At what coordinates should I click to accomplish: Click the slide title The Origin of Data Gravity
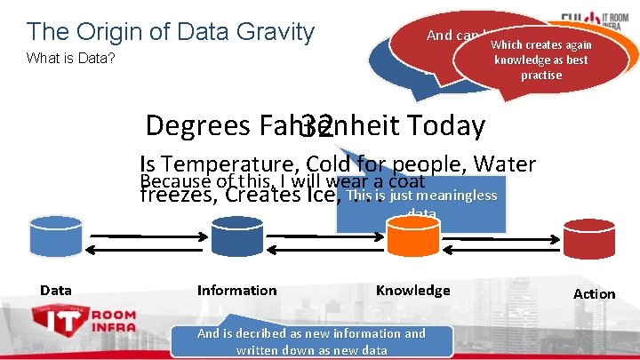pyautogui.click(x=171, y=33)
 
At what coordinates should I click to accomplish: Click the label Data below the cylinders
pyautogui.click(x=56, y=290)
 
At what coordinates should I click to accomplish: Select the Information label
pyautogui.click(x=236, y=290)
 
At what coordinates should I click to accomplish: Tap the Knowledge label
pyautogui.click(x=412, y=290)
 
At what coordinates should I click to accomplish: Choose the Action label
pyautogui.click(x=594, y=293)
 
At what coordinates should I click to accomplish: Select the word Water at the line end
pyautogui.click(x=505, y=164)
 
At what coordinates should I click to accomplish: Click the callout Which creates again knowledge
pyautogui.click(x=540, y=60)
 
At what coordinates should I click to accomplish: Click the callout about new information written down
pyautogui.click(x=311, y=340)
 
